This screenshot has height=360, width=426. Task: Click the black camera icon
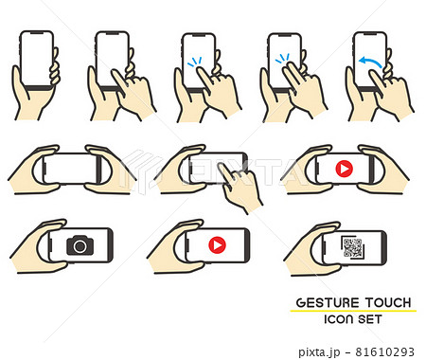coord(80,245)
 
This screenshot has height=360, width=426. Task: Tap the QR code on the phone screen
coord(352,248)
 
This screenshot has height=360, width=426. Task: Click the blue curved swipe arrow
coord(371,63)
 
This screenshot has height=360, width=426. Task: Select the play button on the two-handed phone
coord(344,169)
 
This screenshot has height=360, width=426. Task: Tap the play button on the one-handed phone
coord(218,244)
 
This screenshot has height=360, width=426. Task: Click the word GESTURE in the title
coord(328,302)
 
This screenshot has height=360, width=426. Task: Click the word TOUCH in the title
coord(388,302)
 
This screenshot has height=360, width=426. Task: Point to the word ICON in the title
coord(338,319)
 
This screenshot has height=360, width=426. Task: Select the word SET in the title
coord(370,319)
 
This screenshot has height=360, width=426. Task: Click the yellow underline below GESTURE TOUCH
coord(353,311)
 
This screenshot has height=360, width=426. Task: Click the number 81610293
coord(385,351)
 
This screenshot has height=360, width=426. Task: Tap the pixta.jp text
coord(319,352)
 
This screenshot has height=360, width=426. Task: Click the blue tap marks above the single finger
coord(195,62)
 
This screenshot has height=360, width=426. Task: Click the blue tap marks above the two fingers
coord(282,59)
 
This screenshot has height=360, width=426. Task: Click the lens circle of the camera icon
coord(80,246)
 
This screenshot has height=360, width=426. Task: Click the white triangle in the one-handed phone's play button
coord(218,244)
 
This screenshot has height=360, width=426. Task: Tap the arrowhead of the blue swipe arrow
coord(363,60)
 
